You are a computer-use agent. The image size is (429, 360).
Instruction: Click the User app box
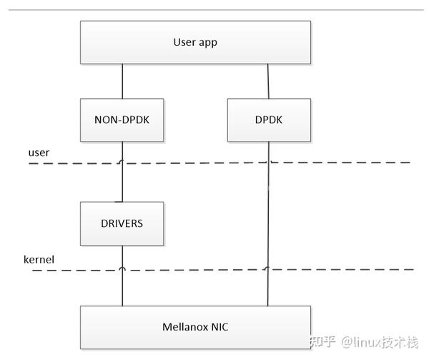[195, 42]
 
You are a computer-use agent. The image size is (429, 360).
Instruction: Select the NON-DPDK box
[122, 120]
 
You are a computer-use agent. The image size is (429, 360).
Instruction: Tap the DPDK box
[269, 120]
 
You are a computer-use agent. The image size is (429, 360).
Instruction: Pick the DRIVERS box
[122, 223]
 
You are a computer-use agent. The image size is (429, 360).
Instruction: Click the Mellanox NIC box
[195, 327]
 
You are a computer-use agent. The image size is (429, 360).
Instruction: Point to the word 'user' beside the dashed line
[39, 153]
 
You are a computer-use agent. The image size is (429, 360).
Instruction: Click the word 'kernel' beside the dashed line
[40, 258]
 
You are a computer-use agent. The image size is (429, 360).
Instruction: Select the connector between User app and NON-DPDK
[122, 81]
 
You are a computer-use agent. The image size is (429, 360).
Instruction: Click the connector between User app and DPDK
[268, 81]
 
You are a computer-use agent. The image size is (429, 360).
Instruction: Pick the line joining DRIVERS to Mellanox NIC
[122, 286]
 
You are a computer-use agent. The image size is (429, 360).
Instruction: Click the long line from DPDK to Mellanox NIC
[268, 215]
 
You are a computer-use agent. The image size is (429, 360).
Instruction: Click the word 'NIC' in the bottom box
[219, 327]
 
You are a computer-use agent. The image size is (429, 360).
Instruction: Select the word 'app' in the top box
[207, 43]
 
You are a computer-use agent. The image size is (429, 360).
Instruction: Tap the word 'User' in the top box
[184, 42]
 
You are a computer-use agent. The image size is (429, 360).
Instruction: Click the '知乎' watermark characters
[322, 342]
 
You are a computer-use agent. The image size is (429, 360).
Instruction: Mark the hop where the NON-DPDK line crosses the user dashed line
[122, 162]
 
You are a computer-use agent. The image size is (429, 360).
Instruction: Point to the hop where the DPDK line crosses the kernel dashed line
[267, 269]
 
